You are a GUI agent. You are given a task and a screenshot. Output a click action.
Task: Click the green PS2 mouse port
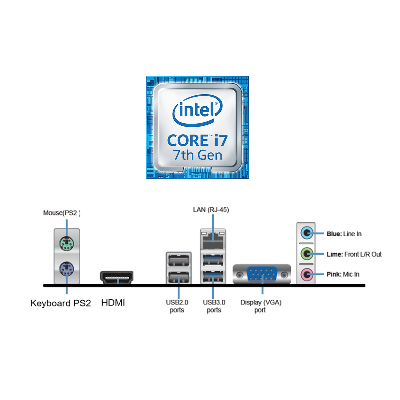coord(67,244)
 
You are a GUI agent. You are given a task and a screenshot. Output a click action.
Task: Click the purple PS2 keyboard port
coord(67,269)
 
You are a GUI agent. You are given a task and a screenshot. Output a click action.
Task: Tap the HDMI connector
coord(117,277)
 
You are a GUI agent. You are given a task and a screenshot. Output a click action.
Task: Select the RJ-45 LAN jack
coord(213,239)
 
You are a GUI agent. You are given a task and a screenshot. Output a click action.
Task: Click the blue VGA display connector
coord(262,275)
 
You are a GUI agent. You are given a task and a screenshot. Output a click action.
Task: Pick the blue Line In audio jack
coord(306,233)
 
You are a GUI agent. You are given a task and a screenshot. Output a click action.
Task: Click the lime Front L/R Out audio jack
coord(306,254)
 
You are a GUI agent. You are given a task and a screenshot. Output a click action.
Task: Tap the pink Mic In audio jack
coord(306,275)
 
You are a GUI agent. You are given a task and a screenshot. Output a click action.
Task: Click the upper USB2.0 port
coord(179,260)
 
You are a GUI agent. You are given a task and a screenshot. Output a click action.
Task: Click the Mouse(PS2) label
coord(62,213)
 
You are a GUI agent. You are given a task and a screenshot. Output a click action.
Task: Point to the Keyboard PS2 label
coord(60,303)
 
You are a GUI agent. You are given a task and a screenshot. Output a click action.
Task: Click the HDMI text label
coord(113,303)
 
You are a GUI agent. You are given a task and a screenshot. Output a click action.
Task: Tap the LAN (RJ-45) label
coord(211,210)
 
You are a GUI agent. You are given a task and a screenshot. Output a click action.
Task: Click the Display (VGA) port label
coord(261,306)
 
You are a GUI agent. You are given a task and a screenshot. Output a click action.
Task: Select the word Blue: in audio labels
coord(334,234)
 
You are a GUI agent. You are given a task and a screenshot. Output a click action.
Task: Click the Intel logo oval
coord(197,110)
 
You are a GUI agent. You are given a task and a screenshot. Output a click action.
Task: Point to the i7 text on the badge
coord(221,140)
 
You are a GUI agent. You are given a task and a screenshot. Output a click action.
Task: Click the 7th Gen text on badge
coord(197,155)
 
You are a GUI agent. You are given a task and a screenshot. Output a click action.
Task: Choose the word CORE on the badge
coord(188,140)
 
